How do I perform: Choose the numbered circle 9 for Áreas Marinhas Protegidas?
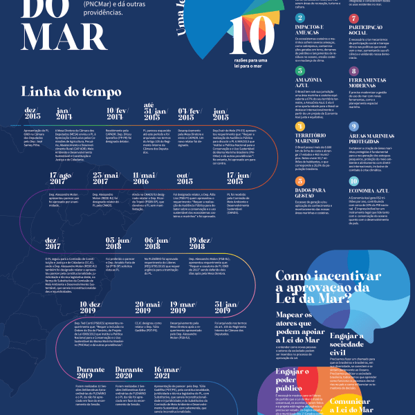pyautogui.click(x=353, y=127)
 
